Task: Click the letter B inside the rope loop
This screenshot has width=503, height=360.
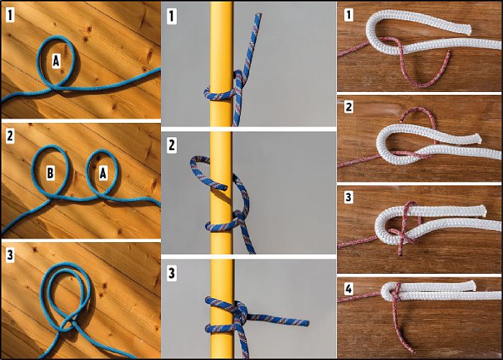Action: point(50,173)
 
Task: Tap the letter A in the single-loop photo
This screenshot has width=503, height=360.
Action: point(56,60)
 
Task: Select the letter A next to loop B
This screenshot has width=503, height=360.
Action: point(103,173)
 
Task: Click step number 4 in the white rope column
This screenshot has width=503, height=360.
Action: point(349,289)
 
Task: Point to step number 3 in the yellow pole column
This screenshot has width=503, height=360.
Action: point(172,274)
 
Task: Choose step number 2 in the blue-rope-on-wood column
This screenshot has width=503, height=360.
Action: point(10,136)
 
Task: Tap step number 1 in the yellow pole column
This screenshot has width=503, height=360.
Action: point(172,16)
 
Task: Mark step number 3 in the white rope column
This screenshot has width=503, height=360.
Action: point(349,197)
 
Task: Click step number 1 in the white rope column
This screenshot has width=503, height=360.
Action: point(349,15)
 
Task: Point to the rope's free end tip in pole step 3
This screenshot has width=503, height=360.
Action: point(308,323)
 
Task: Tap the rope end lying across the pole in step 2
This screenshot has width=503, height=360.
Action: point(226,187)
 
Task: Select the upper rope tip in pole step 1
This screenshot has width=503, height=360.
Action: point(259,15)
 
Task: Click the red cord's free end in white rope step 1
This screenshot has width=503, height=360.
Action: point(448,52)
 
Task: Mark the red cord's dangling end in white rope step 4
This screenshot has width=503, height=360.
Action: point(413,351)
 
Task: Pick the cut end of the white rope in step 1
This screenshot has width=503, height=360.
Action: point(469,29)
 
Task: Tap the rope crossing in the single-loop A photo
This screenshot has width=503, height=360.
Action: point(57,87)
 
